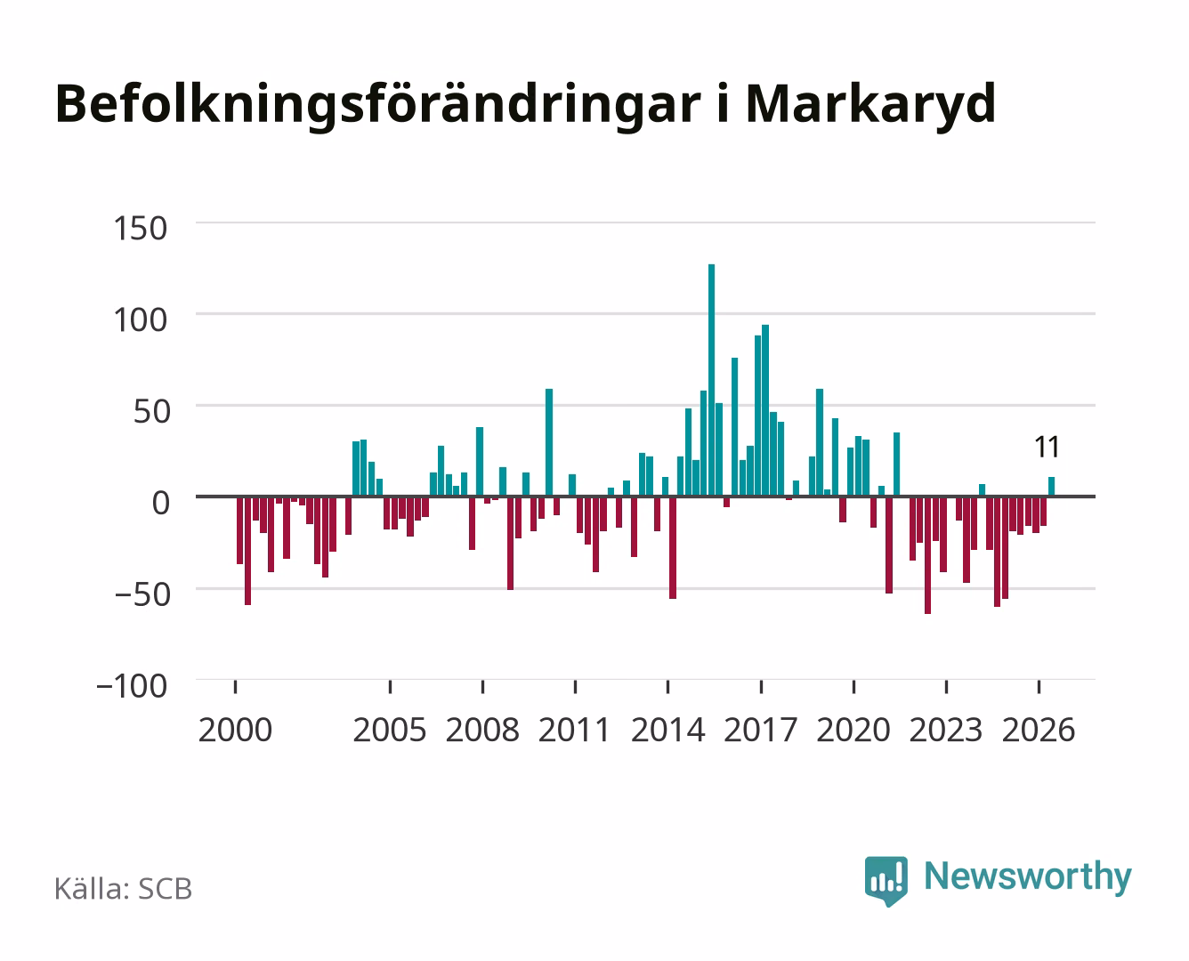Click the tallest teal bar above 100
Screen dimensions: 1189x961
coord(711,380)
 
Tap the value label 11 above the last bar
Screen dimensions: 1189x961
coord(1047,447)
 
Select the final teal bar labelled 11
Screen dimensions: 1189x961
coord(1051,487)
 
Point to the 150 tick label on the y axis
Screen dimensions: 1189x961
coord(140,229)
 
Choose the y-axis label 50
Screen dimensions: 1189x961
coord(151,412)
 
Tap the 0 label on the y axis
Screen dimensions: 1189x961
coord(161,503)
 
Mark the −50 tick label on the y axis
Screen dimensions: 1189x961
coord(142,594)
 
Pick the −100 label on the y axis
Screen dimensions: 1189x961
coord(132,686)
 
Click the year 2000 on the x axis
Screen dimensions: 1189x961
coord(235,730)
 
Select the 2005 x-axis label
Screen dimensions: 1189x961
coord(390,730)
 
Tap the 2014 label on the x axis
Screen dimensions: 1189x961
coord(667,730)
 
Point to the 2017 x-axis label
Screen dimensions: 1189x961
coord(760,730)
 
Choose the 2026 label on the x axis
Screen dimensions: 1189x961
coord(1039,730)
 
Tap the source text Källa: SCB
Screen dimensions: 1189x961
coord(124,888)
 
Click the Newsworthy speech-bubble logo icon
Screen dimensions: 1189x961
coord(886,881)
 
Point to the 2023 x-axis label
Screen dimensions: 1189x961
coord(946,730)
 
